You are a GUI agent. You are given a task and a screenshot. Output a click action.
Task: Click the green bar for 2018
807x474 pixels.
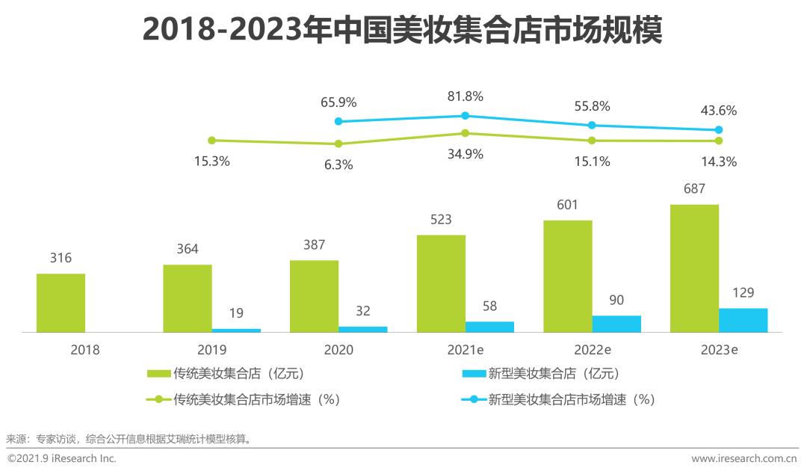[x=61, y=303]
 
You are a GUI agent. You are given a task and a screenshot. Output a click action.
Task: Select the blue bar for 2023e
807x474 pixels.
[x=743, y=320]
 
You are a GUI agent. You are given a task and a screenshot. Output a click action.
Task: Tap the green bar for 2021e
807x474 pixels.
[x=441, y=283]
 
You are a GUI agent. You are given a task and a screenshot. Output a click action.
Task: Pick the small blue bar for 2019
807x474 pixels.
[x=236, y=330]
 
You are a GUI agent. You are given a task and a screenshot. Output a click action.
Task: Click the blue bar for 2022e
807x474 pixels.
[x=616, y=324]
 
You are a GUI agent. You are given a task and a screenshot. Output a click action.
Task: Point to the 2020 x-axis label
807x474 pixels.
[x=338, y=349]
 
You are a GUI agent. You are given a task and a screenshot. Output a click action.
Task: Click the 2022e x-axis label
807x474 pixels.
[x=592, y=349]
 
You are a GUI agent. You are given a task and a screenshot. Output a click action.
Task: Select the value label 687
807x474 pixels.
[x=694, y=189]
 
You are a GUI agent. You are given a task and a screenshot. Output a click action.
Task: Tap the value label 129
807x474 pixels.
[x=743, y=292]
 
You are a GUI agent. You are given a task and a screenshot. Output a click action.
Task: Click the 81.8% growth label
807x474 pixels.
[x=465, y=96]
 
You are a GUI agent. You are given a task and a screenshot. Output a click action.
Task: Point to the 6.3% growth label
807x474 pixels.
[x=338, y=164]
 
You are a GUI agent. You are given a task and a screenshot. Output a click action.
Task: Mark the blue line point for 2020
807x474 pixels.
[x=338, y=121]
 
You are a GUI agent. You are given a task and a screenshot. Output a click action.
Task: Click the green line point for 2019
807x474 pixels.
[x=211, y=140]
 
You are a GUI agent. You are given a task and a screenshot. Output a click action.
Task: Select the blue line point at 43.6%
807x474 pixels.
[x=719, y=130]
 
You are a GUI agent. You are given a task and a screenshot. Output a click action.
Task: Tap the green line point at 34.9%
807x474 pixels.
[x=465, y=133]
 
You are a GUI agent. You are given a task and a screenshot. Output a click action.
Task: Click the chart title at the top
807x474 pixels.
[x=403, y=31]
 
